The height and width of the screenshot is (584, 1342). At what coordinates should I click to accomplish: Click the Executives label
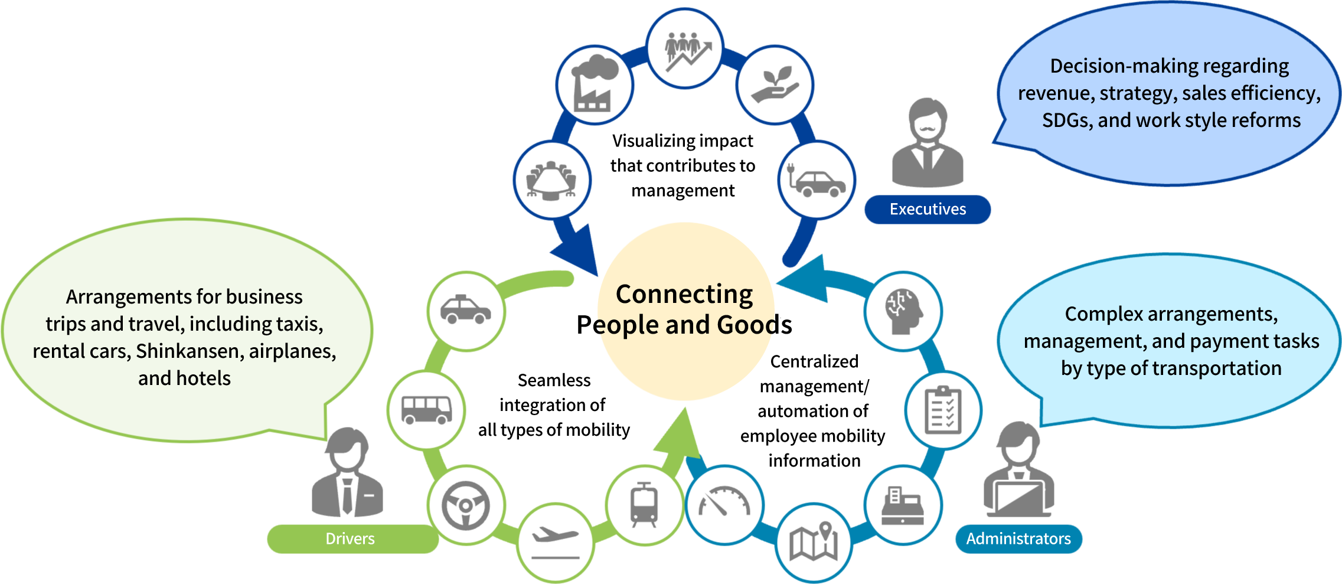pyautogui.click(x=928, y=210)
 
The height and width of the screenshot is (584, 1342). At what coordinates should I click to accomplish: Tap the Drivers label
pyautogui.click(x=350, y=539)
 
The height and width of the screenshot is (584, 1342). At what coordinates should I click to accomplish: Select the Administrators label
pyautogui.click(x=1018, y=539)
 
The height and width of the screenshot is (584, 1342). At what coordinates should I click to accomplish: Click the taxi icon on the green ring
pyautogui.click(x=466, y=311)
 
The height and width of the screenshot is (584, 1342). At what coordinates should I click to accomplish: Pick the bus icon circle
pyautogui.click(x=426, y=409)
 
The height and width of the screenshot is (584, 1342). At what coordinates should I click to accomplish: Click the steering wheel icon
pyautogui.click(x=466, y=505)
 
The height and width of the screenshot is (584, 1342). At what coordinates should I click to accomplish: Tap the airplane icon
pyautogui.click(x=556, y=541)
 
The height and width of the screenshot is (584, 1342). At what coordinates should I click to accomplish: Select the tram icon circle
pyautogui.click(x=644, y=505)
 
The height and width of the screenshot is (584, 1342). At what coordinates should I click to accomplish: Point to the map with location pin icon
pyautogui.click(x=814, y=541)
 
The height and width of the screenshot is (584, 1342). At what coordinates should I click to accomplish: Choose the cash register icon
pyautogui.click(x=903, y=505)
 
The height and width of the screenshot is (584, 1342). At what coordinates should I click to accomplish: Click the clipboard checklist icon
pyautogui.click(x=943, y=410)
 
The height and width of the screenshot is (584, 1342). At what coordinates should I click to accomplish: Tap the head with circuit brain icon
pyautogui.click(x=903, y=311)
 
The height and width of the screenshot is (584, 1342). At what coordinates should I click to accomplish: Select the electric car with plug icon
pyautogui.click(x=817, y=180)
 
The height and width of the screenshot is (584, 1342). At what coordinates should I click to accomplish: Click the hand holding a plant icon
pyautogui.click(x=775, y=86)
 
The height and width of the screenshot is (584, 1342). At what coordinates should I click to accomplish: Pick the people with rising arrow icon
pyautogui.click(x=685, y=48)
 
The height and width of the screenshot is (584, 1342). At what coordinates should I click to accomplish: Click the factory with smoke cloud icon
pyautogui.click(x=595, y=86)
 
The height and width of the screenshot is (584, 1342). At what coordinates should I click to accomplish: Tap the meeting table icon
pyautogui.click(x=552, y=180)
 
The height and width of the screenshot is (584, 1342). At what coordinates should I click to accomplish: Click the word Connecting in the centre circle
pyautogui.click(x=684, y=294)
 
